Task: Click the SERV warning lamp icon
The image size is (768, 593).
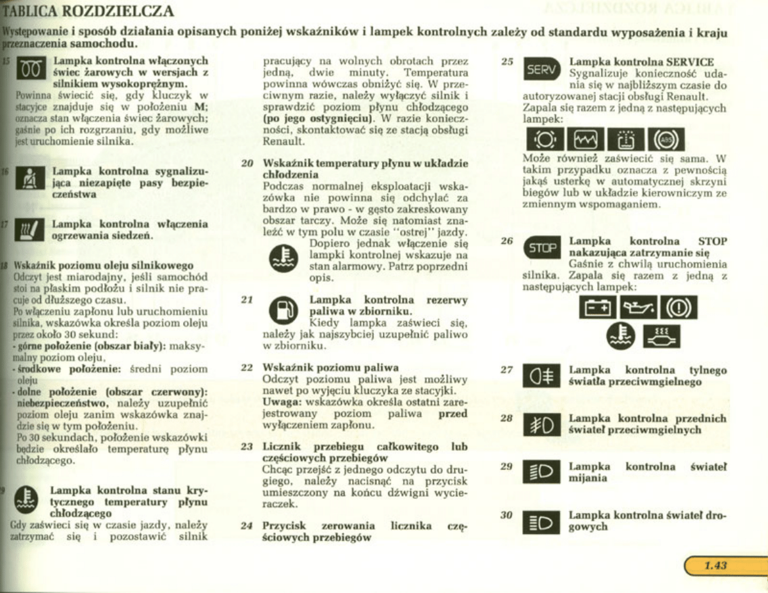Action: point(541,70)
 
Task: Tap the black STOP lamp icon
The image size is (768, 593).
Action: point(541,248)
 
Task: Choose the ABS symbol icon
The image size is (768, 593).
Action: point(666,138)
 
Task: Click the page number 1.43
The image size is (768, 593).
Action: point(716,565)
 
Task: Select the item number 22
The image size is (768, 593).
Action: point(248,368)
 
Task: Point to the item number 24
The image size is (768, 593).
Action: point(248,526)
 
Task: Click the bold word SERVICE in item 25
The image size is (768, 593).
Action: point(689,62)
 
